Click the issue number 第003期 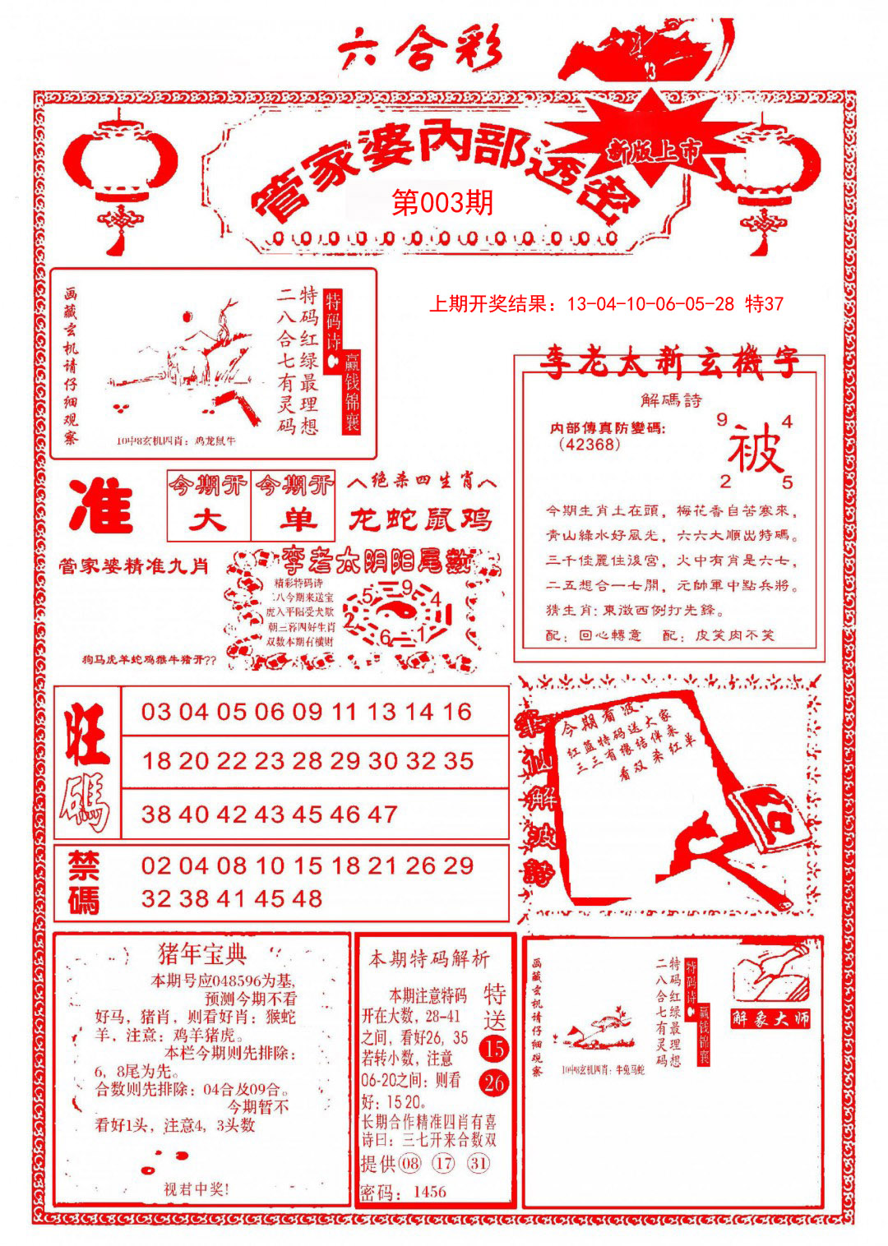pos(443,202)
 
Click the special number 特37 pos(764,304)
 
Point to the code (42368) pos(590,445)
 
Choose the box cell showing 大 pos(208,521)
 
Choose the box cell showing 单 pos(294,521)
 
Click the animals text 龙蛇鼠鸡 pos(420,519)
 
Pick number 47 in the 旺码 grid pos(382,815)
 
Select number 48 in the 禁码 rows pos(305,898)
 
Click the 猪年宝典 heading pos(202,954)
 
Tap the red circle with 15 pos(493,1049)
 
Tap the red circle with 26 pos(493,1083)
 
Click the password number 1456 pos(429,1192)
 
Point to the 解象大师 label pos(770,1019)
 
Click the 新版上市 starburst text pos(654,150)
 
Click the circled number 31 pos(479,1163)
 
